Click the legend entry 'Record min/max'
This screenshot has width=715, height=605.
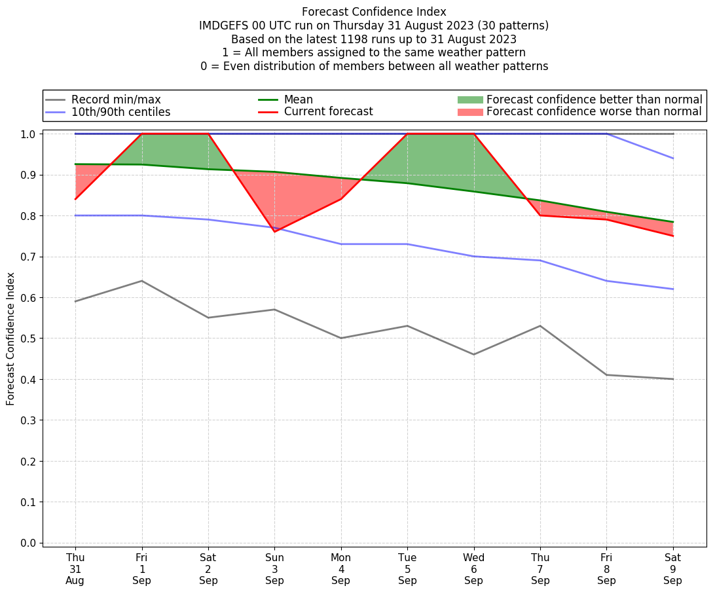(x=116, y=100)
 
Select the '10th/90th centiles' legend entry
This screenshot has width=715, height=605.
(x=120, y=112)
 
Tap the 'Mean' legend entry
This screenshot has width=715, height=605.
(x=298, y=100)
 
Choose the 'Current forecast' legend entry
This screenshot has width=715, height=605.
(x=328, y=112)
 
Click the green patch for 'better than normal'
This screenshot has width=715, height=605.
(x=469, y=100)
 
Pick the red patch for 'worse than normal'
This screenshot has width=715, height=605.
(x=469, y=112)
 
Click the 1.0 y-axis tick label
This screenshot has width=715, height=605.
(x=29, y=134)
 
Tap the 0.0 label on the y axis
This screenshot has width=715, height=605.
(x=29, y=543)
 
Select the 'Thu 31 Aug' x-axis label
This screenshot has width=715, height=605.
(x=75, y=569)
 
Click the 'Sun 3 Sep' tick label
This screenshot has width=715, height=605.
(x=274, y=569)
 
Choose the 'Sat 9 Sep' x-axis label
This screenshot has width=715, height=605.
(x=672, y=569)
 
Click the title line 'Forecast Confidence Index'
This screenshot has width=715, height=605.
(x=374, y=12)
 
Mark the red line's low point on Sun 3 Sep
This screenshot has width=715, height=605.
(x=274, y=232)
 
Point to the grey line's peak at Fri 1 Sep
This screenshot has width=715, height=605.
(x=142, y=281)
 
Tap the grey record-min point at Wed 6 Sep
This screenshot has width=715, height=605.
(x=473, y=354)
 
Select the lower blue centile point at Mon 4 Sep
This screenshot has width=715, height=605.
(x=341, y=244)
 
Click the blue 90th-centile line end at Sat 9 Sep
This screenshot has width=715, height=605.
(x=672, y=158)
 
